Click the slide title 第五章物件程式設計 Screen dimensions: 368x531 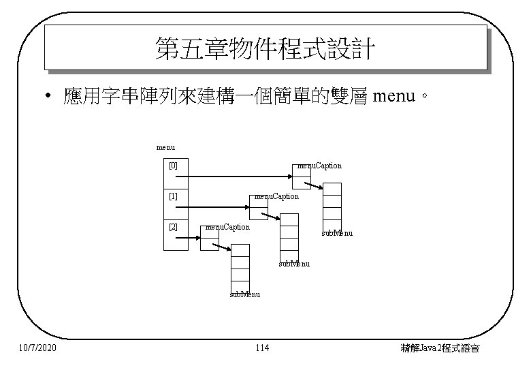pos(265,48)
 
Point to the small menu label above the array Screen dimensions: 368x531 pos(165,147)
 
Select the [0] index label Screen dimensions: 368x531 pos(173,166)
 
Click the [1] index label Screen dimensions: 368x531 pos(173,196)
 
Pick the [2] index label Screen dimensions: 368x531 pos(173,227)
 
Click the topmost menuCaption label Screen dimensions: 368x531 pos(319,166)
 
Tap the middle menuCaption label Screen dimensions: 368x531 pos(276,196)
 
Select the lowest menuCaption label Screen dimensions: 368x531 pos(227,227)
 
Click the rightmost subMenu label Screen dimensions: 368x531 pos(337,234)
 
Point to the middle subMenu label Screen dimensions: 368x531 pos(294,264)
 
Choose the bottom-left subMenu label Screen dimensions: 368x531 pos(244,294)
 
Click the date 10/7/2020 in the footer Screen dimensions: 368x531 pos(37,349)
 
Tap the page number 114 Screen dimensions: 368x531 pos(261,349)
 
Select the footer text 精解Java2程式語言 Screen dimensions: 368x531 pos(440,349)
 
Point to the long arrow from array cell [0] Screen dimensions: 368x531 pos(238,177)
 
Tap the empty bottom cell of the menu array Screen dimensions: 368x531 pos(176,243)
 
